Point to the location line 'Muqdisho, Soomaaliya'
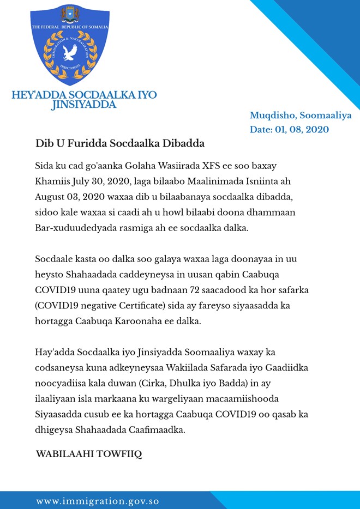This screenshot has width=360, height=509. coord(301,116)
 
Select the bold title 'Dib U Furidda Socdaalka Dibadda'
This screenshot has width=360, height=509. coord(119,144)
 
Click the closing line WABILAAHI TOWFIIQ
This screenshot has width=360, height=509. coord(88,454)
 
